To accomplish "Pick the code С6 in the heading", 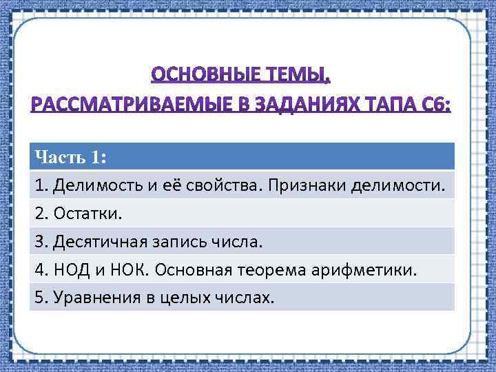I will [x=437, y=105].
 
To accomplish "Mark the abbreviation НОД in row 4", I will [x=68, y=270].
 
